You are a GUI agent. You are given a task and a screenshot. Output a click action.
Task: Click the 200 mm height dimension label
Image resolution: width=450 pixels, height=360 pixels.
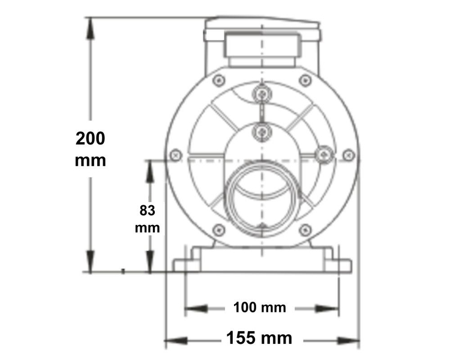pyautogui.click(x=91, y=149)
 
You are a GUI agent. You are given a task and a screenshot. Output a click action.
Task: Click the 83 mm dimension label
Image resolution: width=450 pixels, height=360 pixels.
pyautogui.click(x=147, y=219)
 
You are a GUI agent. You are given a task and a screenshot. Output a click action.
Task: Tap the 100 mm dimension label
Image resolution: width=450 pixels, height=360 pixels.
pyautogui.click(x=260, y=308)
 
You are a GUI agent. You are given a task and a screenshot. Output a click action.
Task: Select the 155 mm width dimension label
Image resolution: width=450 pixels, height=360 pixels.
pyautogui.click(x=259, y=338)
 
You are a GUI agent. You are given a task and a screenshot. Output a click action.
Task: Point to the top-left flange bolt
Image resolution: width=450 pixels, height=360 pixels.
pyautogui.click(x=219, y=79)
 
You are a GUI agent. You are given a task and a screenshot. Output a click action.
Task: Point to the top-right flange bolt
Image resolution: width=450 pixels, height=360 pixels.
pyautogui.click(x=305, y=79)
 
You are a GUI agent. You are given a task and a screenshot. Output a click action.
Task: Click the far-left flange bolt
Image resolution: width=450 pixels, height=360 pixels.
pyautogui.click(x=176, y=154)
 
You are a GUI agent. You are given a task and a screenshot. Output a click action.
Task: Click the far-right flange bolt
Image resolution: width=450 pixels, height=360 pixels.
pyautogui.click(x=349, y=154)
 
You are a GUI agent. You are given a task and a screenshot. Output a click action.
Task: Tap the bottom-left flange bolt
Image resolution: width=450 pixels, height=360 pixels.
pyautogui.click(x=219, y=229)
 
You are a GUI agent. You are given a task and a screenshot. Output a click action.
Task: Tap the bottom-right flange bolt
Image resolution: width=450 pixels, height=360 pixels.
pyautogui.click(x=305, y=229)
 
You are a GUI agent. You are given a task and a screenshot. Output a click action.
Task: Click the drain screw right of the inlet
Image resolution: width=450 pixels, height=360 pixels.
pyautogui.click(x=325, y=154)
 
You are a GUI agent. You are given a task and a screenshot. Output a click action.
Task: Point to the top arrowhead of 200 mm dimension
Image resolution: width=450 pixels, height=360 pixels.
pyautogui.click(x=91, y=24)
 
